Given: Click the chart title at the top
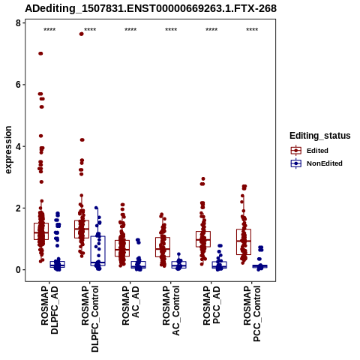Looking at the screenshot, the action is coord(151,9).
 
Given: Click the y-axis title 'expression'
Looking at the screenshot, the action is coord(8,150).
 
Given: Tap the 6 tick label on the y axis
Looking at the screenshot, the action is coord(18,85).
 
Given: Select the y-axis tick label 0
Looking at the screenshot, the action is coord(18,270).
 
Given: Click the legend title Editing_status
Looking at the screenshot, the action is coord(320,136).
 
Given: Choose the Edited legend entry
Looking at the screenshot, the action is coord(310,151).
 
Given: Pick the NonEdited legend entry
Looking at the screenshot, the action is coord(316,163).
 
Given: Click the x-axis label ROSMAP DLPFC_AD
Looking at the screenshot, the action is coord(49,310).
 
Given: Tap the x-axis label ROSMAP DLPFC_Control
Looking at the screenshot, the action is coord(90,319).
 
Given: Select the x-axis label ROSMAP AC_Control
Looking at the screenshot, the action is coord(171,310).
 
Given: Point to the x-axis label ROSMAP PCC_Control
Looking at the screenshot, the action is coord(252,313).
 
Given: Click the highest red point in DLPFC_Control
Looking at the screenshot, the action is coord(82,34).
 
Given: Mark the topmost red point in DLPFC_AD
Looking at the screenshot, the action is coord(40,53).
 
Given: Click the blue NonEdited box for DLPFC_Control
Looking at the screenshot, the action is coord(98,250).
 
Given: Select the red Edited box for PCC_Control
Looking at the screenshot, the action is coord(244,241).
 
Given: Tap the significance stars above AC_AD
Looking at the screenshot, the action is coord(130,30).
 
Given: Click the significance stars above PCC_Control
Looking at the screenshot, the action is coord(252,30).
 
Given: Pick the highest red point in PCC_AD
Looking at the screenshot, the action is coord(203,179).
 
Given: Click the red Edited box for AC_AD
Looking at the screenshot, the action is coord(122,248).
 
